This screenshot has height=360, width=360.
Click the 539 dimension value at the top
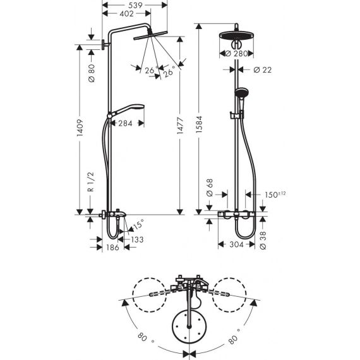135,5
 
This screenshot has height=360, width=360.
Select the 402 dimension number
126,14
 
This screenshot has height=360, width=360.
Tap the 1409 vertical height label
80,128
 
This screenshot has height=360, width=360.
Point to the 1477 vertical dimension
180,126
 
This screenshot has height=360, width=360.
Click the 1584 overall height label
199,124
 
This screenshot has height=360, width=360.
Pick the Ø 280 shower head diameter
237,54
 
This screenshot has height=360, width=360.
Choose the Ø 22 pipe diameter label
263,70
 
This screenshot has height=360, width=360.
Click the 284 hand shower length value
125,124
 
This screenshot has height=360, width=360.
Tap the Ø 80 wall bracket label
92,73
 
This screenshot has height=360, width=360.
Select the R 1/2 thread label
91,182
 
